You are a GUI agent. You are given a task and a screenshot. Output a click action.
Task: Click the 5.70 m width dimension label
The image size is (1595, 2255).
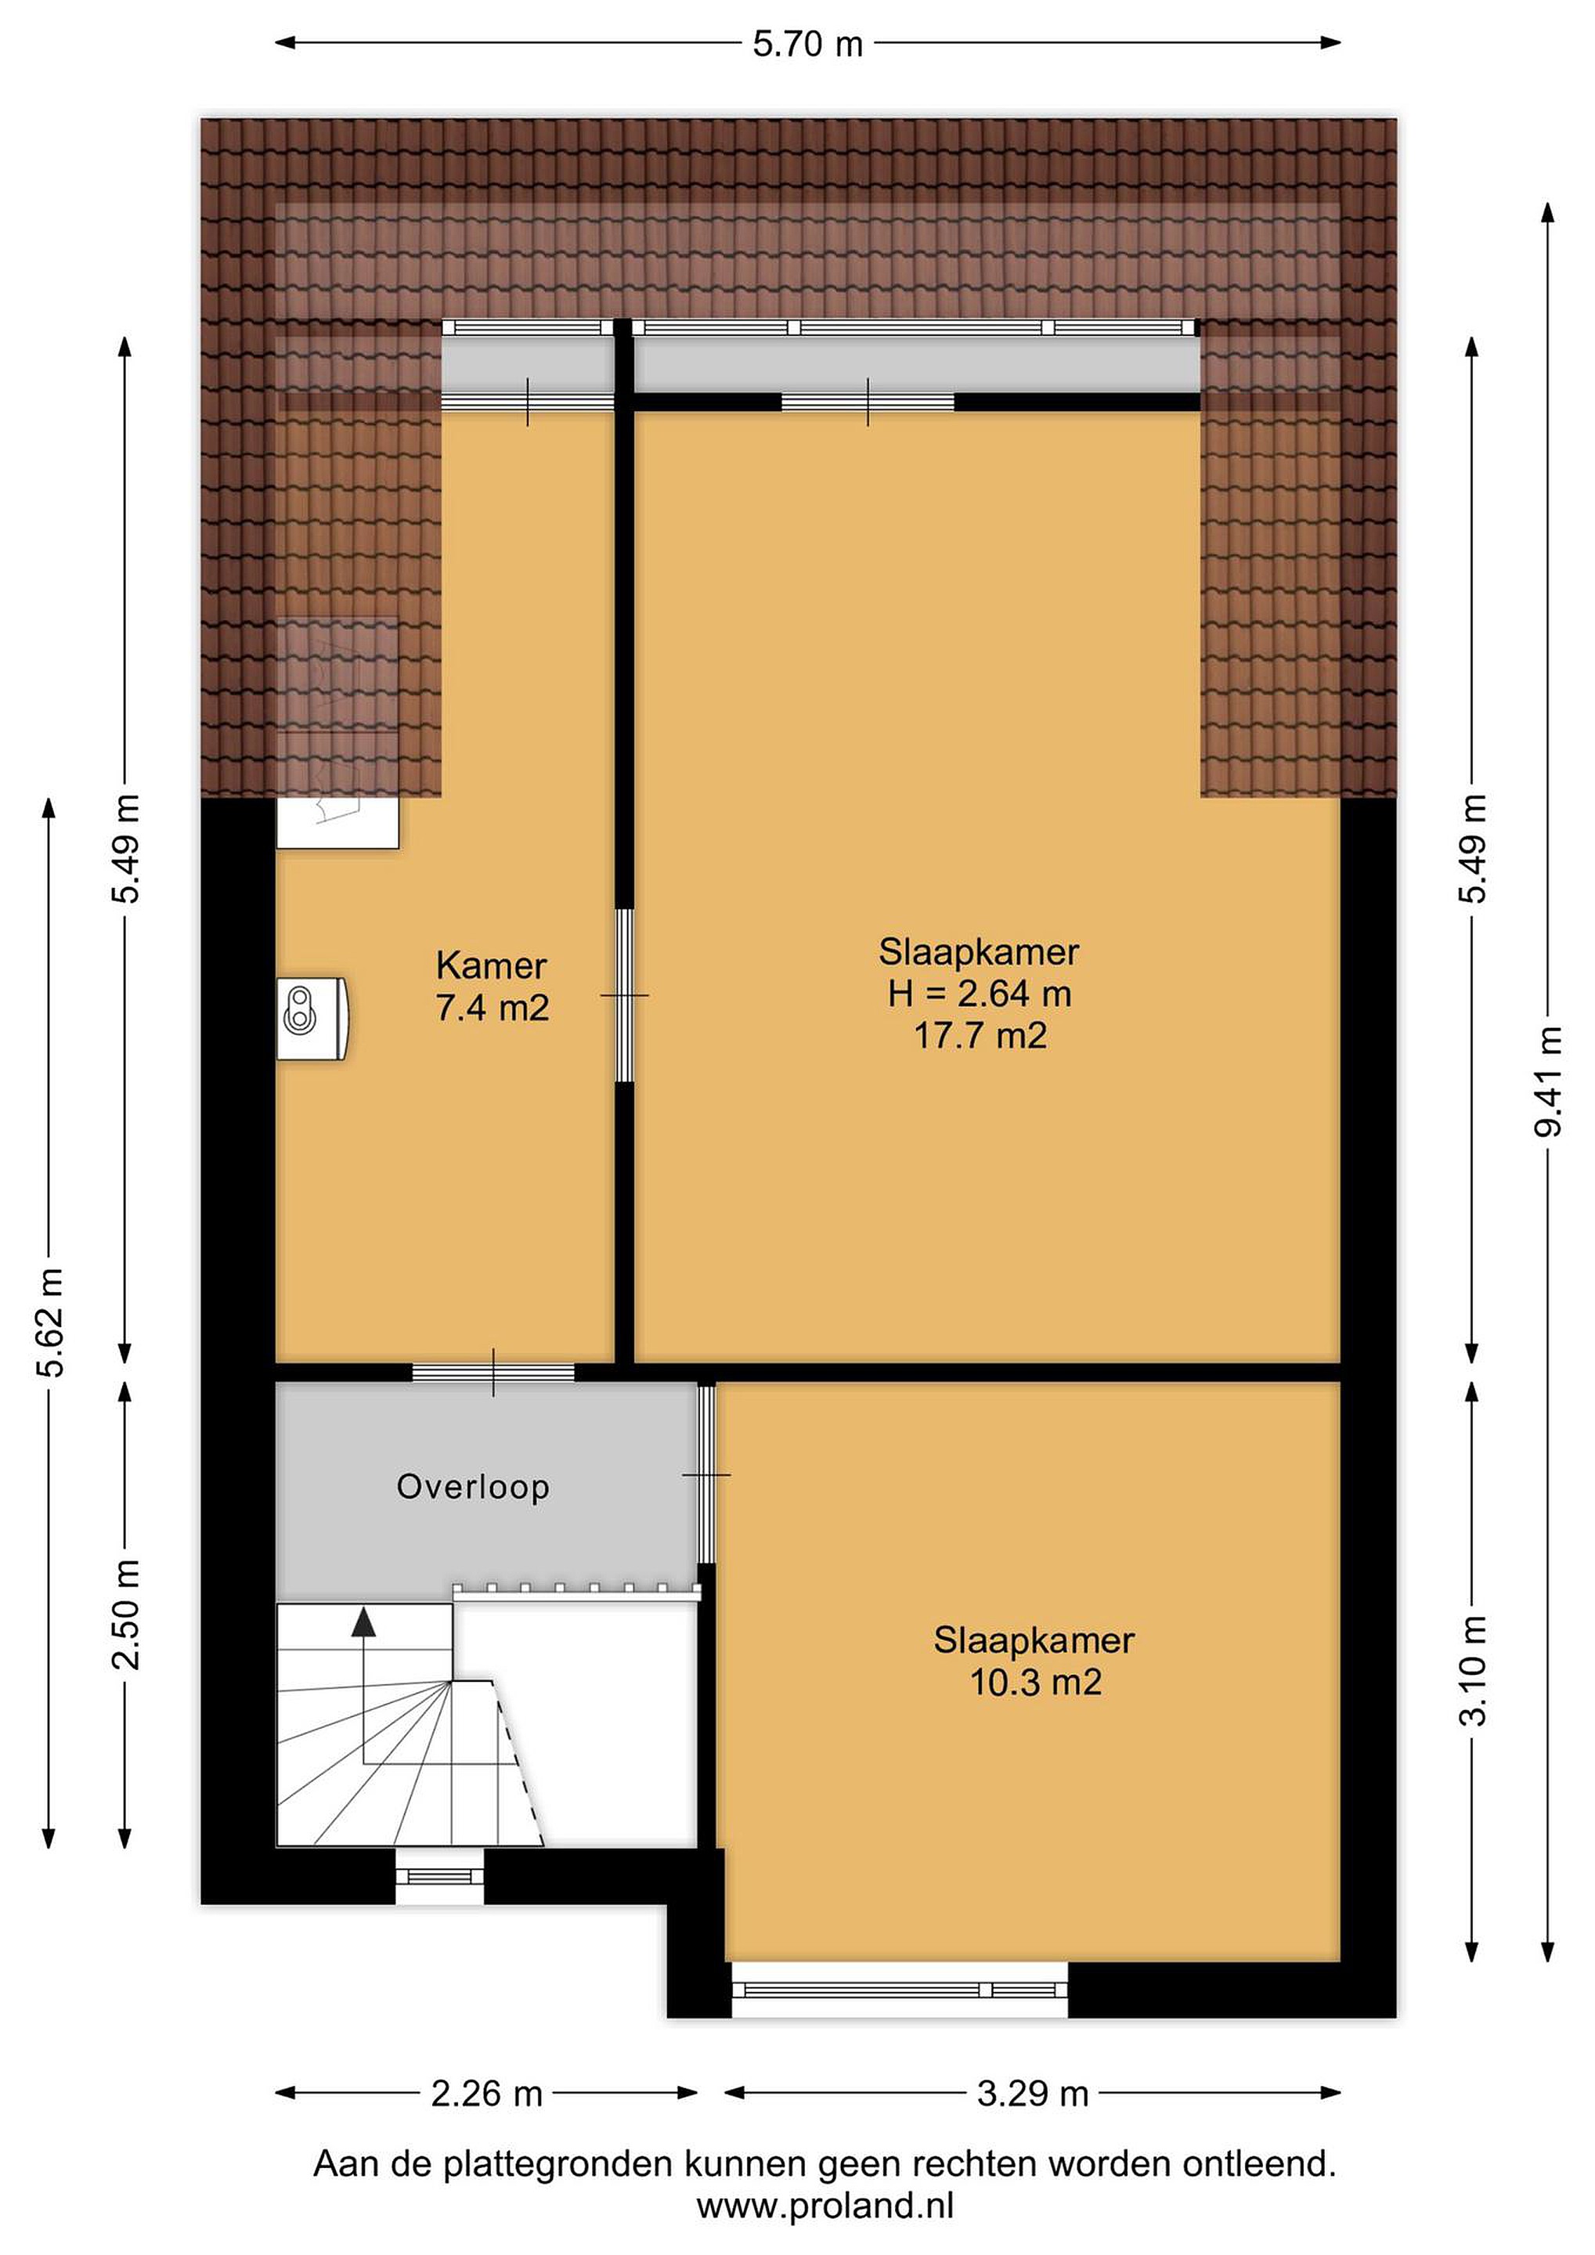pos(807,44)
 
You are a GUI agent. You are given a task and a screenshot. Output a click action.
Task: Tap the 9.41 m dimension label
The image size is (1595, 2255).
pos(1548,1081)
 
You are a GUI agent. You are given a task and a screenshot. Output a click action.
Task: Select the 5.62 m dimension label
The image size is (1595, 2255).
pos(51,1322)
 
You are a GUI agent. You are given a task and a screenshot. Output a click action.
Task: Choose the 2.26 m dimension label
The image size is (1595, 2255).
pos(486,2094)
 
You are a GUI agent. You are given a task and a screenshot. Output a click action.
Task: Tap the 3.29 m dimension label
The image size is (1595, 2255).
pos(1032,2094)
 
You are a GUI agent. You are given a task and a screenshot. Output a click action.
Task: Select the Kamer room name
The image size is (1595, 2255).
pos(491,965)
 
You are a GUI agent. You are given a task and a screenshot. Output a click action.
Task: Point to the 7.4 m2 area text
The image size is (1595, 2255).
pos(492,1008)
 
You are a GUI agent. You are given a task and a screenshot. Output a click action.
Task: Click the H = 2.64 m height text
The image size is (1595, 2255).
pos(980,994)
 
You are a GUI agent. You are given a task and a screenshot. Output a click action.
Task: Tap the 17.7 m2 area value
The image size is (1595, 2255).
pos(980,1036)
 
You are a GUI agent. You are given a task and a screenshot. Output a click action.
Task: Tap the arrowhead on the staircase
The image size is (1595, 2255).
pos(363,1622)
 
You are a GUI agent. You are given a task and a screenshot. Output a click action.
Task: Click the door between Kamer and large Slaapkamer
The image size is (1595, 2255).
pos(625,996)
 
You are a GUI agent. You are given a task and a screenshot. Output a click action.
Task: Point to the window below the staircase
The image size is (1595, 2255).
pos(440,1877)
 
